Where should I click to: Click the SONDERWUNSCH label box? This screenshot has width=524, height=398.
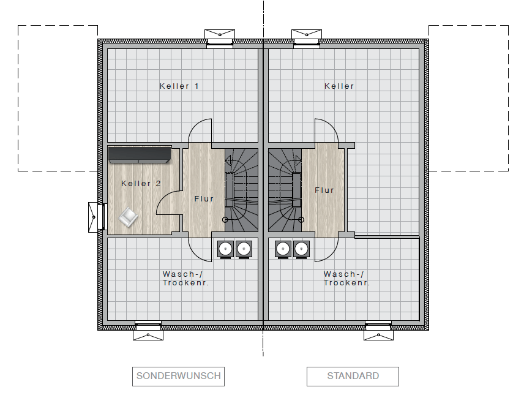tap(178, 377)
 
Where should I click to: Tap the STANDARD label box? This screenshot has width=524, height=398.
tap(353, 377)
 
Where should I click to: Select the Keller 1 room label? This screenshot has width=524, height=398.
tap(179, 86)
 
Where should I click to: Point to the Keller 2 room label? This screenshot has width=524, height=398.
tap(141, 184)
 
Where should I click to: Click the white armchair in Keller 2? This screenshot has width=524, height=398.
tap(128, 217)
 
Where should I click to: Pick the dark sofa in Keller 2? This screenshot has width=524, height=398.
tap(140, 155)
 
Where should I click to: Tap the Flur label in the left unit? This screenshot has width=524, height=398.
tap(204, 199)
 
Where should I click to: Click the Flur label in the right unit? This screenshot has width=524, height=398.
tap(324, 190)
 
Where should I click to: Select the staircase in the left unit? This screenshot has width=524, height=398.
tap(241, 190)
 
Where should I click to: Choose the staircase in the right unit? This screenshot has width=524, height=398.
tap(285, 190)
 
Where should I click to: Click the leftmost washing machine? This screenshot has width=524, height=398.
tap(225, 249)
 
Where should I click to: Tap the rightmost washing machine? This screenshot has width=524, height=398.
tap(301, 249)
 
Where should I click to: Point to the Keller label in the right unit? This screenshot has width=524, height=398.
tap(339, 86)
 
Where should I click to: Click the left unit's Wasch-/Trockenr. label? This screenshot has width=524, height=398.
tap(186, 279)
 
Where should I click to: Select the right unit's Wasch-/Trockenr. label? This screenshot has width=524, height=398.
tap(347, 279)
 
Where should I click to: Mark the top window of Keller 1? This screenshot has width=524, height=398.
tap(220, 39)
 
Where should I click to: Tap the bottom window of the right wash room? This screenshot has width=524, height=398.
tap(378, 331)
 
